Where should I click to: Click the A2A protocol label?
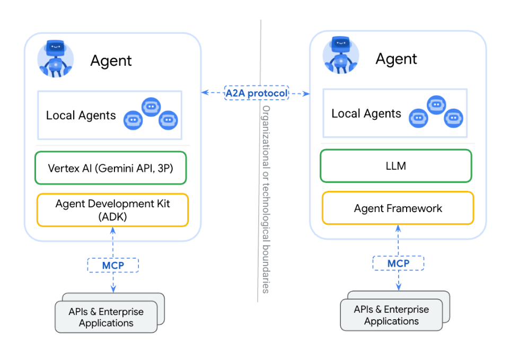point(257,93)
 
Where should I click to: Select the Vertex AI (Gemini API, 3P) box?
point(111,168)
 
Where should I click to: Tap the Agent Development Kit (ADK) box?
point(112,210)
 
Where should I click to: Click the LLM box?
point(396,166)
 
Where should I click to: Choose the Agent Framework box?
point(398,208)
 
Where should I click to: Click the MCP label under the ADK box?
point(113,266)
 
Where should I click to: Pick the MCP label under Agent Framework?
point(398,263)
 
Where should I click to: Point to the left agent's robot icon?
point(56,59)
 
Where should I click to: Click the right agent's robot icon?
point(341,55)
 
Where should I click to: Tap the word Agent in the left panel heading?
point(111,61)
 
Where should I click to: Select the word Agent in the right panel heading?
point(396,59)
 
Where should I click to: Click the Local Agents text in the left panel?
point(81,116)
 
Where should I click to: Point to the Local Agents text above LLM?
point(366,113)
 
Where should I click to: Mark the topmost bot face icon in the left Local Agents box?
point(151,107)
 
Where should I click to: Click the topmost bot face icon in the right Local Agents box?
point(436,105)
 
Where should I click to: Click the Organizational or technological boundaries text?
point(266,199)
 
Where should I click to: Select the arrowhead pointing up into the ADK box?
point(113,231)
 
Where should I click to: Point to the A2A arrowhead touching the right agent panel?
point(306,94)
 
